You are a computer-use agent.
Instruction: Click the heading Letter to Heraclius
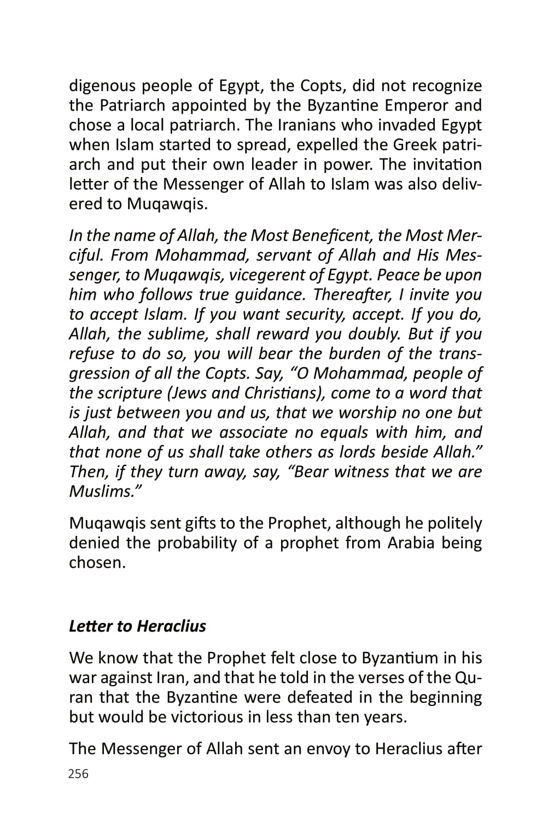click(137, 626)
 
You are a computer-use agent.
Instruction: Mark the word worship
click(369, 413)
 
